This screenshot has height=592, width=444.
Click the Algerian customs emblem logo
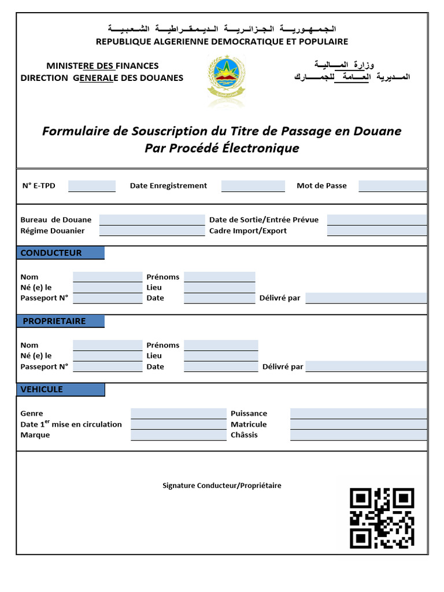(226, 80)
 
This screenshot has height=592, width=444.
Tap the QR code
(382, 518)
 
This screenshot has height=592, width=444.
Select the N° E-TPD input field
(91, 186)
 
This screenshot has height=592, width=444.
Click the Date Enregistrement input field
(253, 186)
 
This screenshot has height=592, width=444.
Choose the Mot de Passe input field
(392, 186)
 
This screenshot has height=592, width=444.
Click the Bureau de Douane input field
(151, 220)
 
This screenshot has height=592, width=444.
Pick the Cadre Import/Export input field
(376, 231)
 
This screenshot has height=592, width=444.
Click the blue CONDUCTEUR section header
(60, 253)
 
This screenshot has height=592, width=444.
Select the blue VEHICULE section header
(60, 390)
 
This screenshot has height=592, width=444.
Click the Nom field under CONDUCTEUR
(108, 277)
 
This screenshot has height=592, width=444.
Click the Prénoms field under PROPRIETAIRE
(221, 345)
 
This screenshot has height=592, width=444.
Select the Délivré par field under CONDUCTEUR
(366, 298)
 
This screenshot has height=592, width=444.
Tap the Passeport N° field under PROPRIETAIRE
(108, 367)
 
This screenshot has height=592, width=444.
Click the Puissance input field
(358, 413)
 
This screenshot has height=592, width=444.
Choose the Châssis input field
(358, 435)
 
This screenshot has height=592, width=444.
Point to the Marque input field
(178, 435)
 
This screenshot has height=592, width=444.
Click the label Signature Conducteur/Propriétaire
(222, 486)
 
